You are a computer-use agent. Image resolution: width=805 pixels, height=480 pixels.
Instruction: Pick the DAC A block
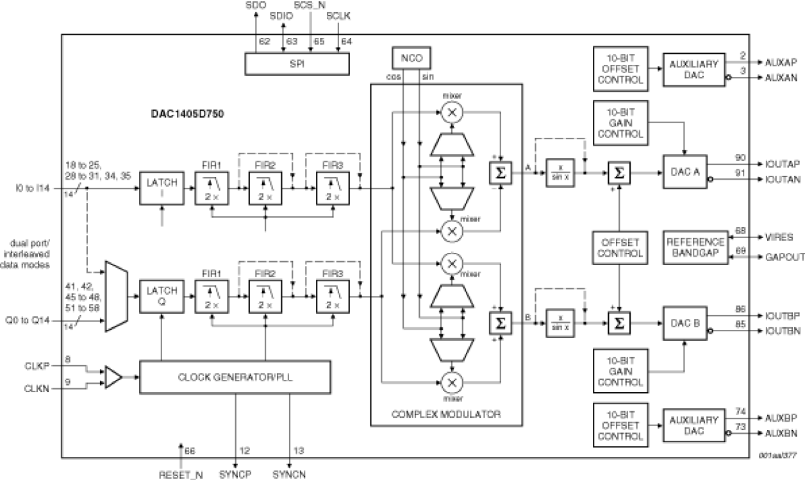[x=685, y=173]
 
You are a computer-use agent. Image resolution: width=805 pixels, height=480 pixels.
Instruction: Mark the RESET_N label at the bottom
[x=181, y=475]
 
